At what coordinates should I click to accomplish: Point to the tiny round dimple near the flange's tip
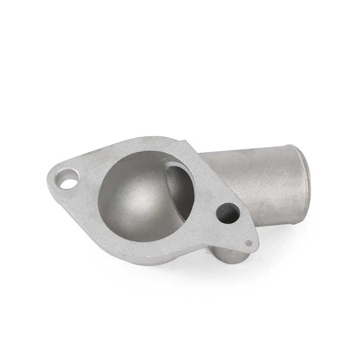point(248,242)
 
